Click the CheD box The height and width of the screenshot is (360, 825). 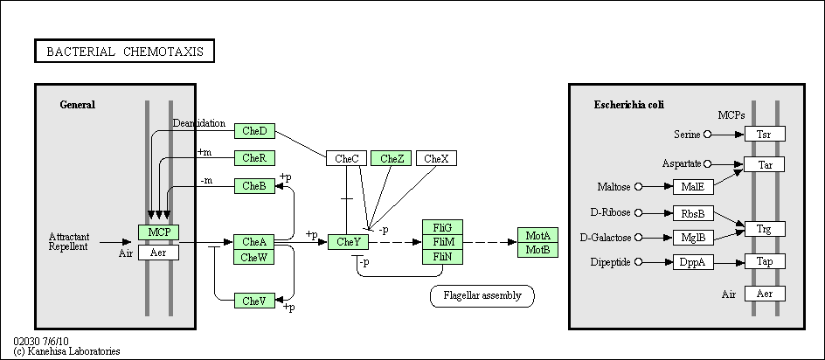[x=254, y=131]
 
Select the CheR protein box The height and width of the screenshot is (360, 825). [x=254, y=158]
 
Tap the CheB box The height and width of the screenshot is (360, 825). [x=254, y=186]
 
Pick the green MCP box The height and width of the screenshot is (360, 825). [x=158, y=232]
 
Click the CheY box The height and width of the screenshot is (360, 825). [x=349, y=242]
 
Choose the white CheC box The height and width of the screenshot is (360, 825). [x=347, y=158]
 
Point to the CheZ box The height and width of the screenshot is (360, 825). [x=391, y=158]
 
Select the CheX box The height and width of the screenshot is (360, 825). [x=437, y=158]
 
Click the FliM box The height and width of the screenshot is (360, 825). [x=442, y=242]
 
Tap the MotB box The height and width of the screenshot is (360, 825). [x=537, y=250]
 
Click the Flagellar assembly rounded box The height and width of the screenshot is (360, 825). [x=482, y=296]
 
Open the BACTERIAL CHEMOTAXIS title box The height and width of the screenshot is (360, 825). [x=125, y=51]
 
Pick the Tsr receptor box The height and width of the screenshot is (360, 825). [x=765, y=134]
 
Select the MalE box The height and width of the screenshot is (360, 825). [x=693, y=187]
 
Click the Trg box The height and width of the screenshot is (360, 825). [x=765, y=229]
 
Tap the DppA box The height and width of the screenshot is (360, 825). [x=693, y=262]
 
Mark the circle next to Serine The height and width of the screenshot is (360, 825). [x=707, y=135]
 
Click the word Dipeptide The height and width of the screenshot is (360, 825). [x=610, y=262]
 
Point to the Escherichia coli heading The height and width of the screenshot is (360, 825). [x=629, y=105]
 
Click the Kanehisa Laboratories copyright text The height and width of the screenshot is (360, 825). [x=66, y=351]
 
